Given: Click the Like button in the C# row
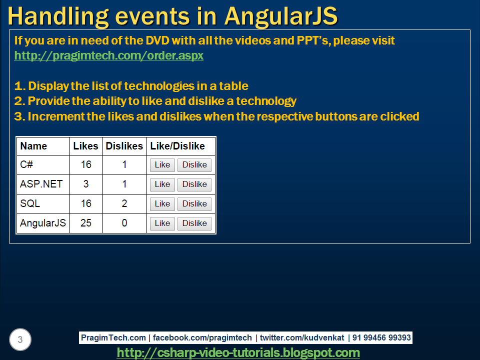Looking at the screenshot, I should [x=162, y=165].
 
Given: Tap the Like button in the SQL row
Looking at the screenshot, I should [x=162, y=204].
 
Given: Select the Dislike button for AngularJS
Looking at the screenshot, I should [x=194, y=223].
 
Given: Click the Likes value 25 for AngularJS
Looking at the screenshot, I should [x=86, y=223].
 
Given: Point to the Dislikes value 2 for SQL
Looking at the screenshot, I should [x=124, y=203].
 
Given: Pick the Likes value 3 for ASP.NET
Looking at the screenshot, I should [x=86, y=184].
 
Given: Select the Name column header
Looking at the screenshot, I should [x=33, y=146].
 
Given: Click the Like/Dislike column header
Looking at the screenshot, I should [x=177, y=146].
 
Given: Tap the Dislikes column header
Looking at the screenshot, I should [x=124, y=146].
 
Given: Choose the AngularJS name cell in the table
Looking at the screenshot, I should [x=43, y=223].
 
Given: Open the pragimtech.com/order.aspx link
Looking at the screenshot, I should [x=109, y=55].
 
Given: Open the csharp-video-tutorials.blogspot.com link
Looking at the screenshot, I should [x=238, y=352].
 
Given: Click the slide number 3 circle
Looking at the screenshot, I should [x=20, y=340].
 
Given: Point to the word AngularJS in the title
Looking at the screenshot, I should [x=280, y=16].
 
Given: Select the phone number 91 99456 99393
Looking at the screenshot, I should [x=381, y=337].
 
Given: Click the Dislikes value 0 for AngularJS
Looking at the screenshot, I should [x=124, y=223].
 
